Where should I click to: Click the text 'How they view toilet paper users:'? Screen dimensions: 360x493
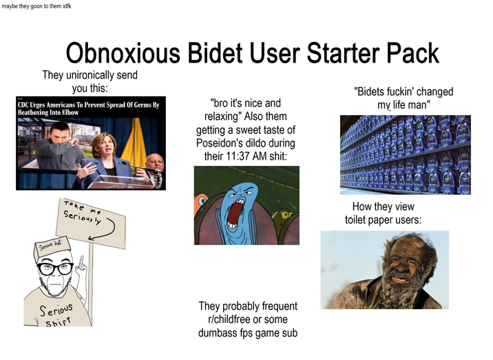[383, 213]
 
